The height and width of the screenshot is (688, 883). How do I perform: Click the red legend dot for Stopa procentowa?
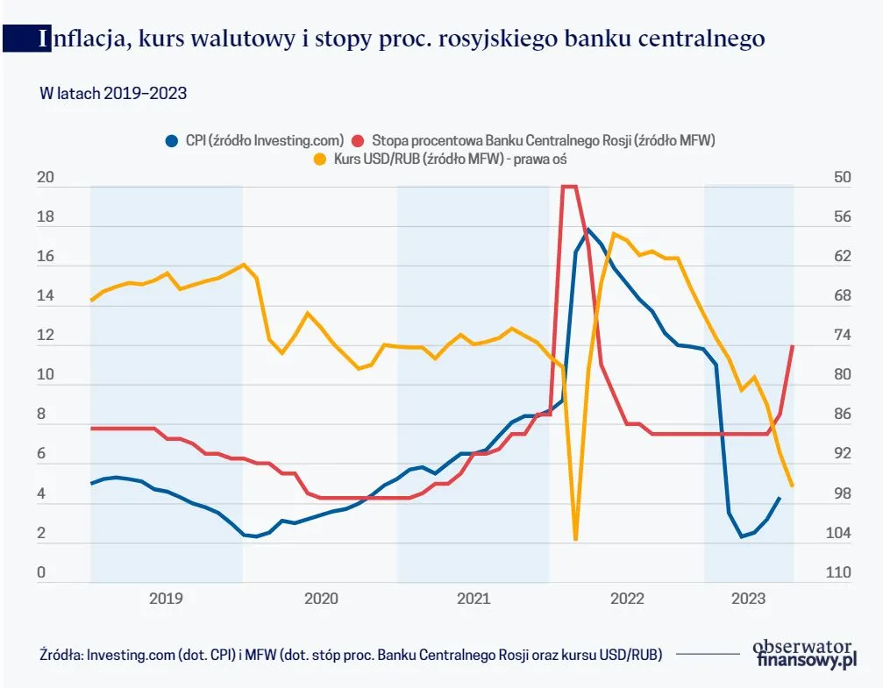(x=358, y=140)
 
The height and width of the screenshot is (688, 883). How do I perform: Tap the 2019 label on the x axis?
(x=166, y=599)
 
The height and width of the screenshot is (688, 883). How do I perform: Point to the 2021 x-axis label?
(x=474, y=599)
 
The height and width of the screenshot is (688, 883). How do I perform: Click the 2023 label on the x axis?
(x=748, y=599)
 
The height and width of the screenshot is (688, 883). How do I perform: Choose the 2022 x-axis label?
(x=627, y=599)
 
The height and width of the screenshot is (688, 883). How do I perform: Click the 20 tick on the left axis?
(x=46, y=178)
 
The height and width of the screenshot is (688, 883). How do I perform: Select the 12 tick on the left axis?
(x=46, y=336)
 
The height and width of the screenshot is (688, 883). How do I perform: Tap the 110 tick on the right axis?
(x=838, y=573)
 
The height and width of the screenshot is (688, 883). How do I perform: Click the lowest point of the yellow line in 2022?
(x=575, y=538)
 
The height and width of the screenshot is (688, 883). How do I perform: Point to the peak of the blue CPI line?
(x=588, y=230)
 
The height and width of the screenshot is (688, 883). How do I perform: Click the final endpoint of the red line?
(x=793, y=346)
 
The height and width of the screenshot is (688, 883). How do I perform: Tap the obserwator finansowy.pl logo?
(x=804, y=653)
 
